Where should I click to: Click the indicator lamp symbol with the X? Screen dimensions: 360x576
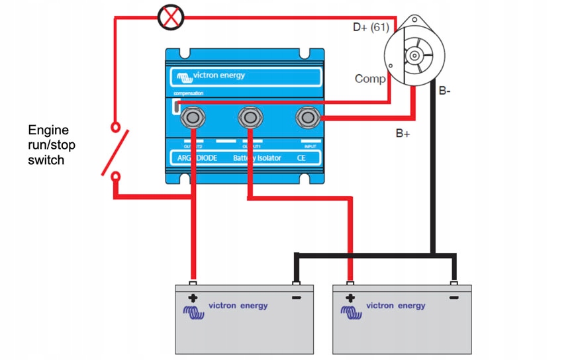click(171, 18)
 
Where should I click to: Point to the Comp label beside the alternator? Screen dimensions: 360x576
click(370, 79)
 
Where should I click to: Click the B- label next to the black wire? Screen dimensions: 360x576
click(444, 91)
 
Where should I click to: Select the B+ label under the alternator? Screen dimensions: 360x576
click(403, 133)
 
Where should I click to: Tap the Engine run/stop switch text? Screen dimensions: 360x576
click(48, 145)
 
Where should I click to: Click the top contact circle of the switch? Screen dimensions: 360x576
click(116, 125)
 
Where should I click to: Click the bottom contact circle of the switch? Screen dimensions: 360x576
click(116, 176)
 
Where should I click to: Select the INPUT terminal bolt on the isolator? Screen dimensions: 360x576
click(308, 118)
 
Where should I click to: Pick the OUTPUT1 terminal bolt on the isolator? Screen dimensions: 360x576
click(250, 118)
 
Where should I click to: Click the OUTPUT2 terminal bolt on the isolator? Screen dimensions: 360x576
click(192, 118)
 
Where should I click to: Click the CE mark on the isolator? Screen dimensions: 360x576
click(302, 159)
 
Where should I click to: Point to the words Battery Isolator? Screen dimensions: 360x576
click(256, 159)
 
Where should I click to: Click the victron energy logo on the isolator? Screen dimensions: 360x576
click(210, 75)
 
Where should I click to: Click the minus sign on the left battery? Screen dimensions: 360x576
click(295, 298)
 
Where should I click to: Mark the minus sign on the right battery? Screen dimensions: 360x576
click(454, 298)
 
